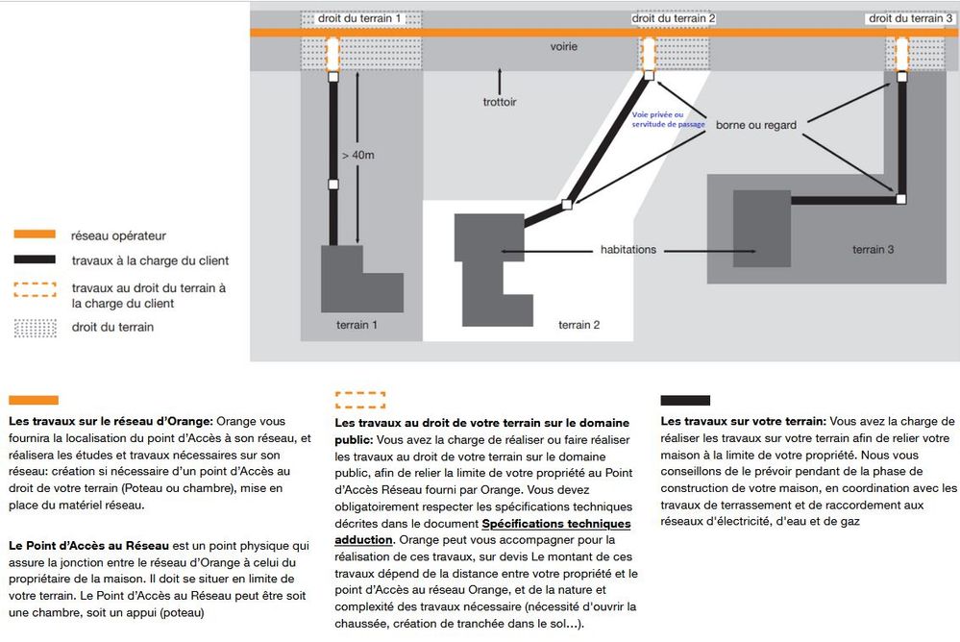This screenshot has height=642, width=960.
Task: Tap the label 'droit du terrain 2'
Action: click(x=674, y=18)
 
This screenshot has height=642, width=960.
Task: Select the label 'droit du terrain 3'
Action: click(x=906, y=18)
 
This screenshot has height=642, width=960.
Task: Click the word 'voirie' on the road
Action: click(x=565, y=47)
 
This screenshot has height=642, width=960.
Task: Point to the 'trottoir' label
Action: click(x=500, y=102)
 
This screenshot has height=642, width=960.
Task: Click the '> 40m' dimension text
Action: click(x=357, y=153)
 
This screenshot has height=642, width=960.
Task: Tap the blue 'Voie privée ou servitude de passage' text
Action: click(x=668, y=119)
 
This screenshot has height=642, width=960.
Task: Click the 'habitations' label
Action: click(x=628, y=250)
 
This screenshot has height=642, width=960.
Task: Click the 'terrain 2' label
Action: click(x=579, y=325)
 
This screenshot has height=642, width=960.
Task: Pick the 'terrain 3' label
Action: click(x=873, y=250)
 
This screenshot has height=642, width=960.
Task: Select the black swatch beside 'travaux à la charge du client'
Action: click(x=35, y=260)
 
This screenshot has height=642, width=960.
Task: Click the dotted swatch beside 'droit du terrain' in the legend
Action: click(x=35, y=327)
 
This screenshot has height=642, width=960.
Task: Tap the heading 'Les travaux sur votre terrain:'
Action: click(x=744, y=421)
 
